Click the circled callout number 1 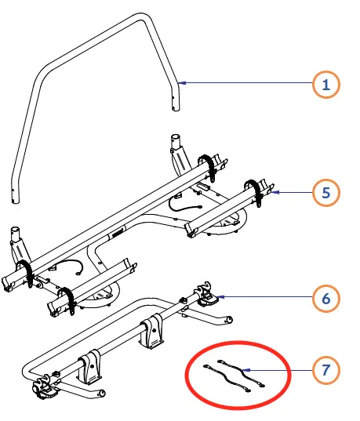coord(326,85)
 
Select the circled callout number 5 coord(326,193)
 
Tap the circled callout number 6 coord(326,298)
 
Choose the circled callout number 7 coord(326,370)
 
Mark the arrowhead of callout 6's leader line coord(220,296)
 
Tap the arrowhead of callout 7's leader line coord(246,370)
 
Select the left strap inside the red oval coord(227,378)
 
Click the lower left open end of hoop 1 coord(16,201)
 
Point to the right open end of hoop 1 coord(176,108)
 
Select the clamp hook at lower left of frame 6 coord(45,387)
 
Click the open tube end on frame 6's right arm coord(229,320)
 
